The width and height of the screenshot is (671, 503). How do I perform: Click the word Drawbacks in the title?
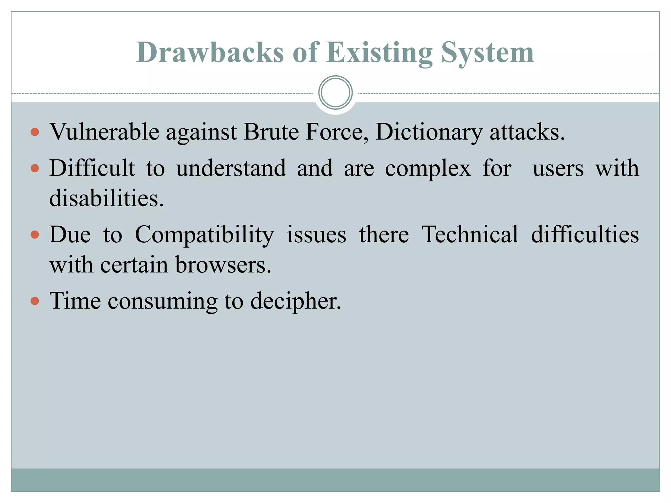[x=210, y=52]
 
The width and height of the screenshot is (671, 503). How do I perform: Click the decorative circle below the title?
[x=335, y=92]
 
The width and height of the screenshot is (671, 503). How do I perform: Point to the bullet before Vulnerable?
[x=35, y=132]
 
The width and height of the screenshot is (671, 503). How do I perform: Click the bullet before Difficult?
[x=35, y=169]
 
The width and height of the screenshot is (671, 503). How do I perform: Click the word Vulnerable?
[x=104, y=132]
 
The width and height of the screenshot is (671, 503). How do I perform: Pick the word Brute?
[x=271, y=132]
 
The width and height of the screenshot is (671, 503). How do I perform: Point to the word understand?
[x=231, y=168]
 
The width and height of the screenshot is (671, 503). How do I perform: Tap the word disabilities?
[x=106, y=198]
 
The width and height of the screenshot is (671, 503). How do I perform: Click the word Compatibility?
[x=204, y=235]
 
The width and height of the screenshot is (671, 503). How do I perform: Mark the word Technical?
[x=470, y=234]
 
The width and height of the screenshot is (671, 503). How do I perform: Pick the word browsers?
[x=223, y=265]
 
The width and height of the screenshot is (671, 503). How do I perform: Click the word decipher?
[x=296, y=301]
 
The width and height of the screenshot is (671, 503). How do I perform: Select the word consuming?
[x=163, y=301]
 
